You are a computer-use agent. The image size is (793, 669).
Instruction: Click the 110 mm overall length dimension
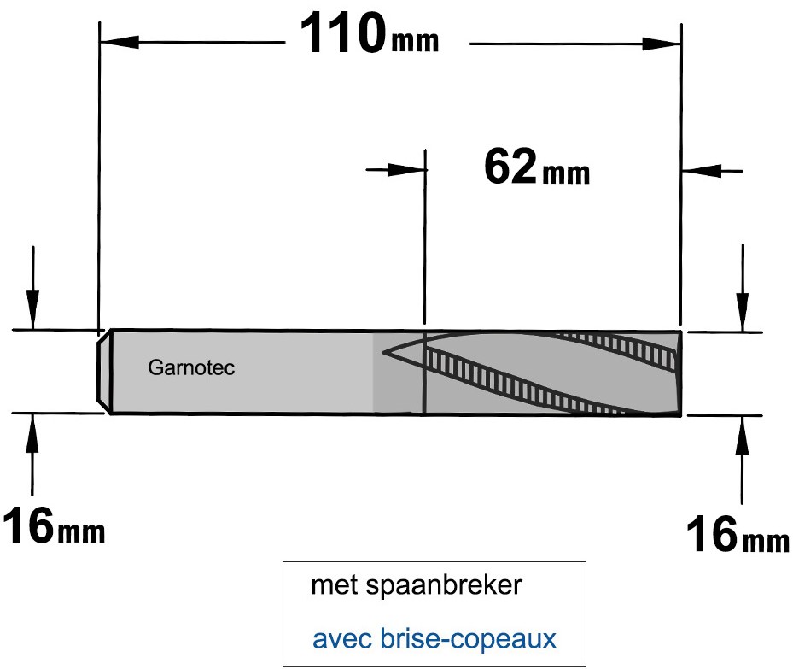click(x=370, y=34)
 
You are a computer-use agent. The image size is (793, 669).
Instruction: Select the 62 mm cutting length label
click(x=537, y=167)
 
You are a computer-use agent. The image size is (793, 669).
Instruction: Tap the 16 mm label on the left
click(x=54, y=526)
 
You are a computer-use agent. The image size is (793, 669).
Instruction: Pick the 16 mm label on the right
click(x=738, y=535)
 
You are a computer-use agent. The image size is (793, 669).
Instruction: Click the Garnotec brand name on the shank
click(x=191, y=367)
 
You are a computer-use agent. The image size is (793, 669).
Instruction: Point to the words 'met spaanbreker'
click(x=417, y=585)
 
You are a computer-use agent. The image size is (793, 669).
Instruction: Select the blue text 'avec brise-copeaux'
click(x=434, y=638)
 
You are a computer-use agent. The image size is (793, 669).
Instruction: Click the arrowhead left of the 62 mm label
click(x=406, y=169)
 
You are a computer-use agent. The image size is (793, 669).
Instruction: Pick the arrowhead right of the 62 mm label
click(x=702, y=171)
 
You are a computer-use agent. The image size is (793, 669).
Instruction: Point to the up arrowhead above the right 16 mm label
click(x=743, y=435)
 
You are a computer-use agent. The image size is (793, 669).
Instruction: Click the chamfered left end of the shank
click(x=103, y=372)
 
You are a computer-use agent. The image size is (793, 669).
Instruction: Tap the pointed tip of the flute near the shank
click(x=384, y=351)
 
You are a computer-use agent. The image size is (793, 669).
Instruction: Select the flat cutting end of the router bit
click(x=679, y=373)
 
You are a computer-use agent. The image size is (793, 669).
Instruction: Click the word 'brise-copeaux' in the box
click(x=468, y=638)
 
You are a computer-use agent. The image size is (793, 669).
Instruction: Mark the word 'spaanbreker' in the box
click(x=444, y=585)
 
